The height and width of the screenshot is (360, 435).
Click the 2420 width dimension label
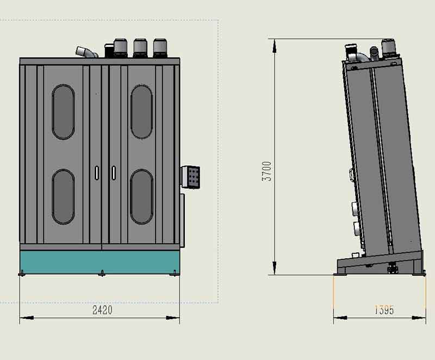coord(102,310)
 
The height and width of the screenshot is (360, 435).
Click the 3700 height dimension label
coord(266,171)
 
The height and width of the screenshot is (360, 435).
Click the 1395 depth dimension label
coord(384,310)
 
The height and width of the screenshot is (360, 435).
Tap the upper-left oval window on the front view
coord(63,112)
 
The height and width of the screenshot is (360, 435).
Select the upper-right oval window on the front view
coord(141,112)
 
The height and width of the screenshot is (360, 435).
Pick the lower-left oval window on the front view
coord(63,197)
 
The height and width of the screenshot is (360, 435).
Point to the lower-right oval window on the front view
coord(141,197)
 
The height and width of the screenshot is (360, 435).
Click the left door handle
coord(97,173)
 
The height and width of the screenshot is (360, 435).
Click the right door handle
coord(114,173)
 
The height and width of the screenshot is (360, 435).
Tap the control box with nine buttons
coord(191,177)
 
